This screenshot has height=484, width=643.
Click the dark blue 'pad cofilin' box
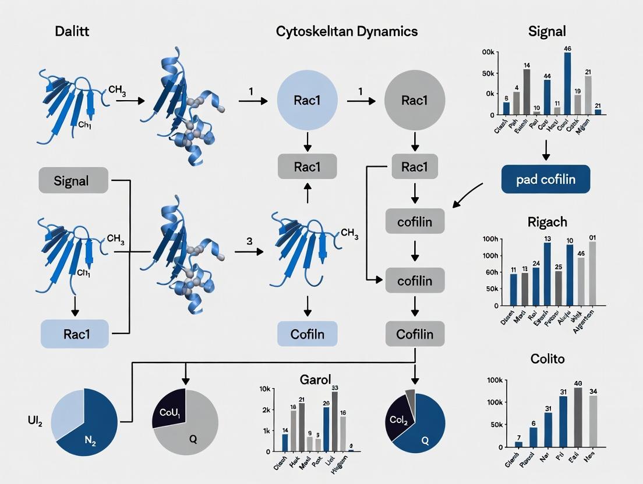[545, 179]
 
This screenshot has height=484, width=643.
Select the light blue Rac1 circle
[308, 101]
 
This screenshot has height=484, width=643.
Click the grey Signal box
[73, 180]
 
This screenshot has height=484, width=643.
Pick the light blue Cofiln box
[308, 334]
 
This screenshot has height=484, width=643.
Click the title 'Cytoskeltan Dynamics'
[347, 31]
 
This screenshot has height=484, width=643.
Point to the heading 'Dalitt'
[73, 31]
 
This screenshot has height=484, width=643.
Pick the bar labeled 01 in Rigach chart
[593, 273]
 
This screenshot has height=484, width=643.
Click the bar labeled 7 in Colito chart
[518, 444]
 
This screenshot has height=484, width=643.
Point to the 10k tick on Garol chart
[264, 389]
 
